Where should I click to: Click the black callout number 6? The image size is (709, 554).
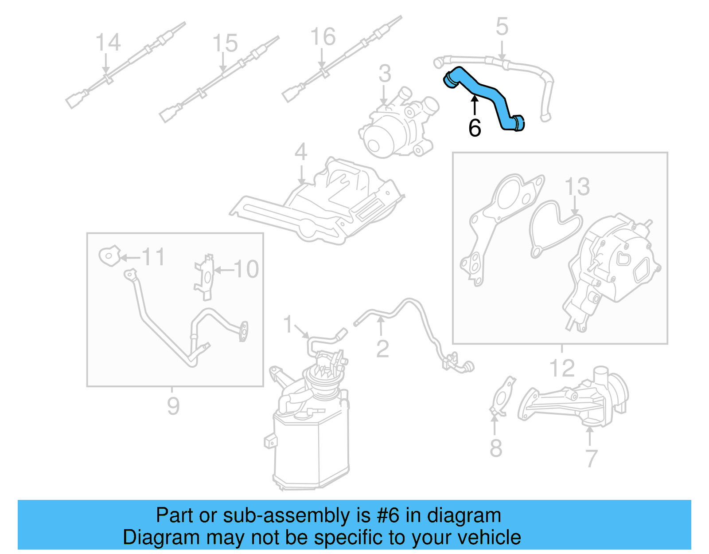coord(475,128)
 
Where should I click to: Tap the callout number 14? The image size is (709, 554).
coord(108,43)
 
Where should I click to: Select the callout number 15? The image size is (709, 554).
coord(225,43)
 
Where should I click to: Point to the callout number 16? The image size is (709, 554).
coord(323,36)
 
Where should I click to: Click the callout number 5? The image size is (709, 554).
coord(502,27)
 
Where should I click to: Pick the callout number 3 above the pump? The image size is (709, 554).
coord(385,74)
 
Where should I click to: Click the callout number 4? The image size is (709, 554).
coord(301,152)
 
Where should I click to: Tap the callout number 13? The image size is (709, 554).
coord(577,187)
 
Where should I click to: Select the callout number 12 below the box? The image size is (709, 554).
coord(562,368)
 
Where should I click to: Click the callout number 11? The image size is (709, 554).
coord(153,257)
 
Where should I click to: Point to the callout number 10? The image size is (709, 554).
coord(246,269)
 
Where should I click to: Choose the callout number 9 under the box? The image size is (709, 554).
coord(173,405)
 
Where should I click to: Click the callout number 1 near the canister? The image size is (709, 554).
coord(288,324)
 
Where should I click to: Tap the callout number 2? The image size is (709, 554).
coord(382,349)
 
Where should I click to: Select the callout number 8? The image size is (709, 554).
coord(496,448)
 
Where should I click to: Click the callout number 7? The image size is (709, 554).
coord(592,458)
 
